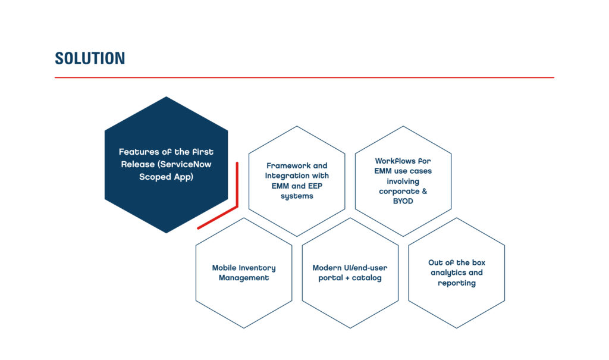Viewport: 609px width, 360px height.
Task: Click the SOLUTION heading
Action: [90, 58]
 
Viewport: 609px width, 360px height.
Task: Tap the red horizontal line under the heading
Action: [304, 77]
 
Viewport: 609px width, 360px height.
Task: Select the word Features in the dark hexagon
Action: [137, 152]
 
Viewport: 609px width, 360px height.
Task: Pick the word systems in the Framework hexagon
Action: [297, 196]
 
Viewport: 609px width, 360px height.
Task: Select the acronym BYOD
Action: [403, 201]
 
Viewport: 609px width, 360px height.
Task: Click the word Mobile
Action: [224, 268]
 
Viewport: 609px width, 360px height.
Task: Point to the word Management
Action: [243, 278]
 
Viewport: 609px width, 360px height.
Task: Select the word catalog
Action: [366, 278]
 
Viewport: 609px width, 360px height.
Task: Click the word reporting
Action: [457, 283]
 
